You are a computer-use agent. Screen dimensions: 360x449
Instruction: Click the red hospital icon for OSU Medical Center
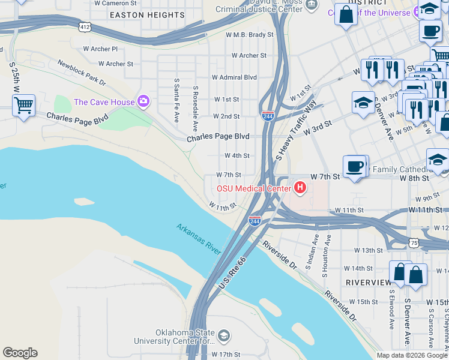pyautogui.click(x=300, y=188)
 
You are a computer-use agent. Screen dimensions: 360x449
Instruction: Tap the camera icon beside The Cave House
pyautogui.click(x=143, y=101)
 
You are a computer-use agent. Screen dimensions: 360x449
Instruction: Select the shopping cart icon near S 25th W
pyautogui.click(x=23, y=106)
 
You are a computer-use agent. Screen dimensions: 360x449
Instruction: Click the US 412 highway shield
pyautogui.click(x=85, y=27)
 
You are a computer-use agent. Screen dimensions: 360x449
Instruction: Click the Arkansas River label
pyautogui.click(x=199, y=239)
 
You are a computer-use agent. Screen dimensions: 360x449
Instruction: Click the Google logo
pyautogui.click(x=20, y=353)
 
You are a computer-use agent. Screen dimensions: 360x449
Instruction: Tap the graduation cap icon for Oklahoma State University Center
pyautogui.click(x=223, y=335)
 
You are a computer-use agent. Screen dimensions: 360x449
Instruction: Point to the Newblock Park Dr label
pyautogui.click(x=82, y=72)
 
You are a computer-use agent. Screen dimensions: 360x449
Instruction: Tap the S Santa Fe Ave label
pyautogui.click(x=176, y=100)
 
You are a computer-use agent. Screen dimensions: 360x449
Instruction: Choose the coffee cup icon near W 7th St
pyautogui.click(x=355, y=166)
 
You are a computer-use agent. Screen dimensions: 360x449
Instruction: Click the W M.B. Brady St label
pyautogui.click(x=249, y=35)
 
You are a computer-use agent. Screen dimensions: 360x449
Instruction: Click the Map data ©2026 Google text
pyautogui.click(x=411, y=355)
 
